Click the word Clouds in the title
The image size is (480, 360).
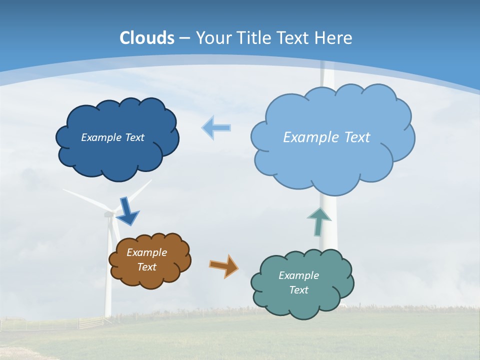click(147, 38)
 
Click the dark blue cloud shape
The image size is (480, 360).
click(117, 155)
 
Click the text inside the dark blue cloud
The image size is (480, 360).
click(112, 137)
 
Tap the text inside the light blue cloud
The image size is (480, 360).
click(326, 137)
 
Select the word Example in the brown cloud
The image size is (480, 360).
click(146, 252)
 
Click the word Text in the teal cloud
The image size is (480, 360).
click(298, 290)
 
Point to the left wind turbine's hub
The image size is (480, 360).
click(108, 214)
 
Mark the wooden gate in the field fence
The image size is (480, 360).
click(90, 322)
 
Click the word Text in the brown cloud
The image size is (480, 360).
click(146, 267)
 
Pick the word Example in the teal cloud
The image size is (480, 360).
click(298, 275)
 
